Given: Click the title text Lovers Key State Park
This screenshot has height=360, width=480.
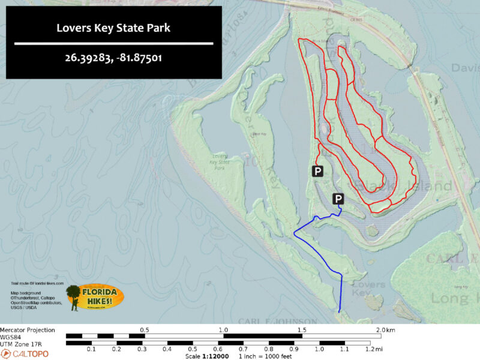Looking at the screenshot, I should [x=113, y=28].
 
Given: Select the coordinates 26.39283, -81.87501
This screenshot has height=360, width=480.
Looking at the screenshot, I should [x=113, y=59].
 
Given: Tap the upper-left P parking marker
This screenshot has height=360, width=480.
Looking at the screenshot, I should [x=318, y=172].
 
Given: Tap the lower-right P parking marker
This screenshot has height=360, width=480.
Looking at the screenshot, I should [x=338, y=199].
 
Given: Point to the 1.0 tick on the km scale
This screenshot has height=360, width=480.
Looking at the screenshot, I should [x=223, y=335].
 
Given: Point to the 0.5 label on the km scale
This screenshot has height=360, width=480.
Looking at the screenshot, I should [x=145, y=330].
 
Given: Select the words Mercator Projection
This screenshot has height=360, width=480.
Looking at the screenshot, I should [x=28, y=330].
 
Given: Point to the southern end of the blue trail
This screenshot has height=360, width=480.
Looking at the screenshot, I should [x=340, y=311].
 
